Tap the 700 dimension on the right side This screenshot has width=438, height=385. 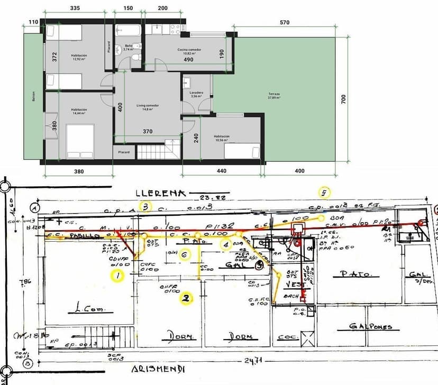tap(343, 98)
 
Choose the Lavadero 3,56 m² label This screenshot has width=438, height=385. tap(196, 95)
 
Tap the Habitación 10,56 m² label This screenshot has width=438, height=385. tap(222, 138)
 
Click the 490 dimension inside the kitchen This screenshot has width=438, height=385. tap(188, 60)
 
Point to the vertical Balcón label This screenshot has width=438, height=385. tap(33, 97)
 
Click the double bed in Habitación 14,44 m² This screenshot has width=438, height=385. tap(80, 141)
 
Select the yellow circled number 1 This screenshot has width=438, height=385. tap(118, 275)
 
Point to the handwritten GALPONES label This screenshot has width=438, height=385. tap(371, 327)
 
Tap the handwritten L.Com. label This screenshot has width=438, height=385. tap(91, 309)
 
